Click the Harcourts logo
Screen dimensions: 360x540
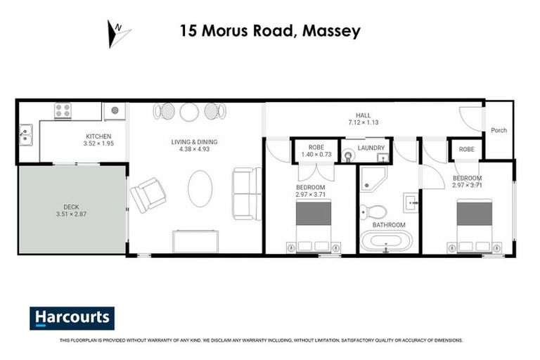[x=72, y=318]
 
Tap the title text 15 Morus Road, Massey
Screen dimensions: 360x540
[x=270, y=31]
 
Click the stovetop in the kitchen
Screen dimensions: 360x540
[x=63, y=110]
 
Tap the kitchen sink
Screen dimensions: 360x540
[x=26, y=133]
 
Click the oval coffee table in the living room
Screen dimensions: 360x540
[x=200, y=188]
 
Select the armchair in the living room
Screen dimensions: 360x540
[x=148, y=194]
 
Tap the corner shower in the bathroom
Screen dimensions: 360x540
[x=372, y=181]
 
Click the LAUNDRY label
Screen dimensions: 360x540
[x=371, y=148]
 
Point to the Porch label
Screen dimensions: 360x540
[x=499, y=130]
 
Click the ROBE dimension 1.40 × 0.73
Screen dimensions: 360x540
[x=316, y=155]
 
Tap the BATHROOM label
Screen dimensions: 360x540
[x=389, y=225]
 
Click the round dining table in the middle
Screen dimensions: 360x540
[x=189, y=111]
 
